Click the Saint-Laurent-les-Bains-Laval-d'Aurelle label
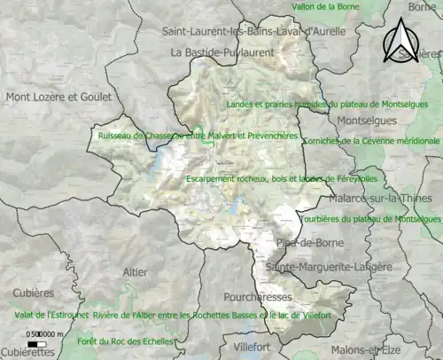(x=240, y=31)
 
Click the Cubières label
(x=34, y=293)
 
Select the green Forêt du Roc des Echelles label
(x=123, y=341)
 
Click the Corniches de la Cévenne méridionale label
(x=372, y=141)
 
